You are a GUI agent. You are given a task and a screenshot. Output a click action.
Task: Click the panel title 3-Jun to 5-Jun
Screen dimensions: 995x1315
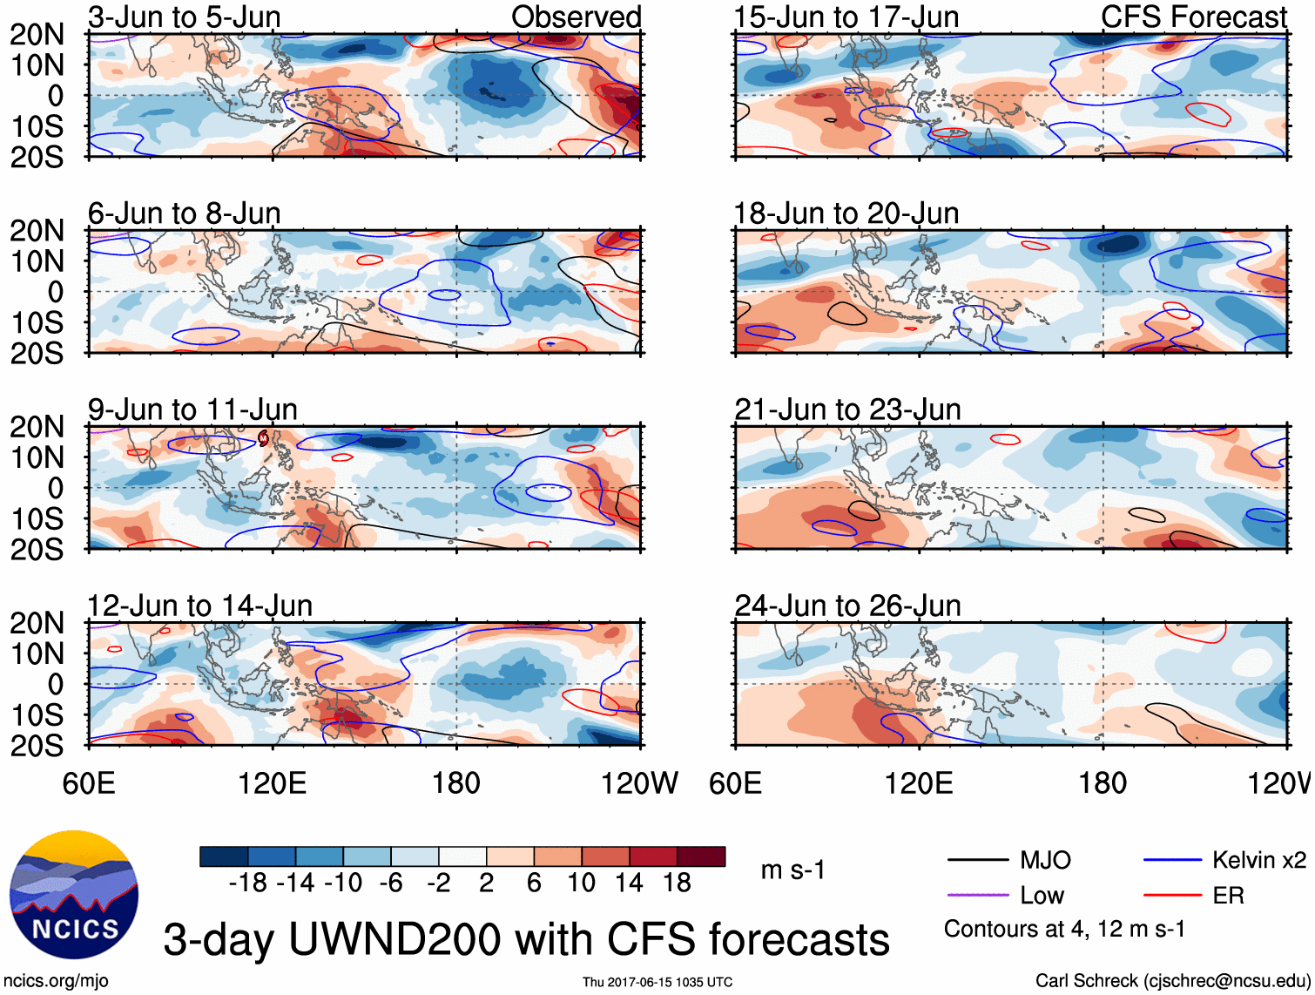pyautogui.click(x=184, y=17)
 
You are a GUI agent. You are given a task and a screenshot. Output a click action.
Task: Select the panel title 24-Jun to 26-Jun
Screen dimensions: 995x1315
pyautogui.click(x=847, y=606)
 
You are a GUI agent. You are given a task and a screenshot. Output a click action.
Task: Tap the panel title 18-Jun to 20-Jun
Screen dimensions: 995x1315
pyautogui.click(x=846, y=213)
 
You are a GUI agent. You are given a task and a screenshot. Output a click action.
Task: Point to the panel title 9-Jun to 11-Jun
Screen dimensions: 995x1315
pyautogui.click(x=192, y=410)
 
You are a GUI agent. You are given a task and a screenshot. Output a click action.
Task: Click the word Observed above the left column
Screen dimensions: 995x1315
pyautogui.click(x=576, y=17)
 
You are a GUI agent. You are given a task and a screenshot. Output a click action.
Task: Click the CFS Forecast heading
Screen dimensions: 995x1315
pyautogui.click(x=1193, y=17)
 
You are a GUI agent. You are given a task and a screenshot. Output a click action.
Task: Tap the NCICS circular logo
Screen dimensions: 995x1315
pyautogui.click(x=74, y=895)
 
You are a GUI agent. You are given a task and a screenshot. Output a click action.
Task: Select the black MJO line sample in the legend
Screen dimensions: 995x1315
pyautogui.click(x=977, y=861)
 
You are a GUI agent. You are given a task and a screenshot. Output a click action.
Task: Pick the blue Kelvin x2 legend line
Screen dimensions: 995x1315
pyautogui.click(x=1172, y=861)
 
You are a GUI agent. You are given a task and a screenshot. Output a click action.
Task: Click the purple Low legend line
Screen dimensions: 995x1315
pyautogui.click(x=977, y=896)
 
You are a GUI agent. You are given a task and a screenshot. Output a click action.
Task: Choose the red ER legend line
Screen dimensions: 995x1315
pyautogui.click(x=1172, y=896)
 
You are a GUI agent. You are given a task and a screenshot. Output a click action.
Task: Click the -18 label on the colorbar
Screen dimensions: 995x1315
pyautogui.click(x=248, y=883)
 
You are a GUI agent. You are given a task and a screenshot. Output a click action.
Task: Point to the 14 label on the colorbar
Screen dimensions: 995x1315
pyautogui.click(x=629, y=883)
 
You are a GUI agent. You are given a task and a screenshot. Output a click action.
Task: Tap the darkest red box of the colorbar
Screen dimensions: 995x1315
pyautogui.click(x=701, y=856)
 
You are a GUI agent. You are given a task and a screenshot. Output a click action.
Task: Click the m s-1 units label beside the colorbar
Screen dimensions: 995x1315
pyautogui.click(x=792, y=870)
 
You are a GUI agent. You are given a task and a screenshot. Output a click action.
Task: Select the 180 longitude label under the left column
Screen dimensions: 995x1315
pyautogui.click(x=456, y=783)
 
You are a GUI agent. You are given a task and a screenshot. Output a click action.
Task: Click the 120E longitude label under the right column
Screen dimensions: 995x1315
pyautogui.click(x=919, y=783)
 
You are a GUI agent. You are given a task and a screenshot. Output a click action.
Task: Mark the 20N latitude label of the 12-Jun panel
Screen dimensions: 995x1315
pyautogui.click(x=37, y=624)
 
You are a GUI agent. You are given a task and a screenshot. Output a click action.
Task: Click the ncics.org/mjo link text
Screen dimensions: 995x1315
pyautogui.click(x=56, y=981)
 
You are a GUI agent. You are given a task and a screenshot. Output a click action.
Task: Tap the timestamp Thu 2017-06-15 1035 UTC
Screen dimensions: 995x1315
pyautogui.click(x=657, y=982)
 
